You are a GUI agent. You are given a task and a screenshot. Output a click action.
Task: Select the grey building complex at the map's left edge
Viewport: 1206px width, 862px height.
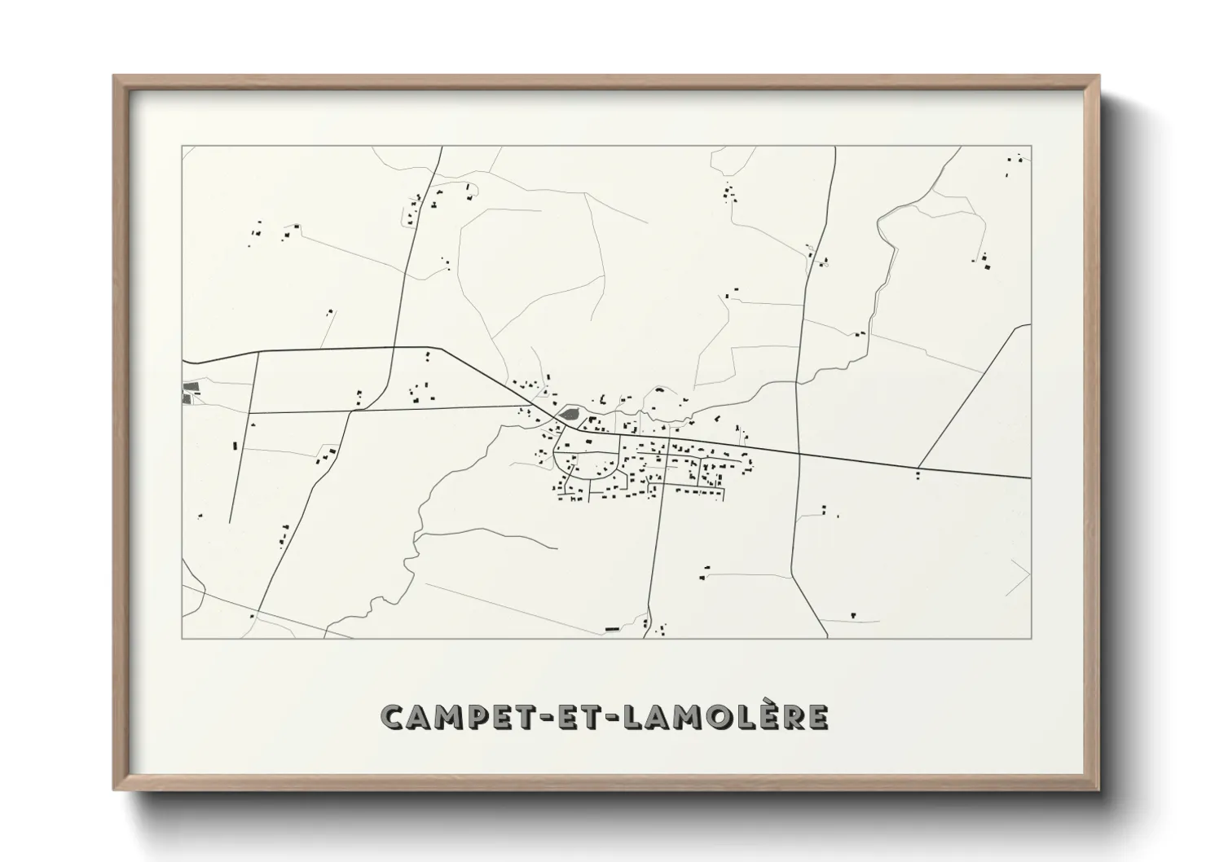pos(190,392)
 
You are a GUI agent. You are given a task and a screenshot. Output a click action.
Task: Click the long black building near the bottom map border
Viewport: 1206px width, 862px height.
pos(613,629)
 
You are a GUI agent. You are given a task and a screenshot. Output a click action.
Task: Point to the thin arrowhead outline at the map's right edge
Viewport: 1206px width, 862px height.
pos(1020,577)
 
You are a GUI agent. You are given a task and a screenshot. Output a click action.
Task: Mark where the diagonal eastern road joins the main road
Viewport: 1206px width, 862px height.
pos(918,468)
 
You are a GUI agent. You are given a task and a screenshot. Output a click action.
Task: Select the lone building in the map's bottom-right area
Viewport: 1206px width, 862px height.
pos(852,614)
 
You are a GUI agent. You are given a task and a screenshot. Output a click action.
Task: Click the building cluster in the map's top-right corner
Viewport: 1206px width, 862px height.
pos(1014,163)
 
